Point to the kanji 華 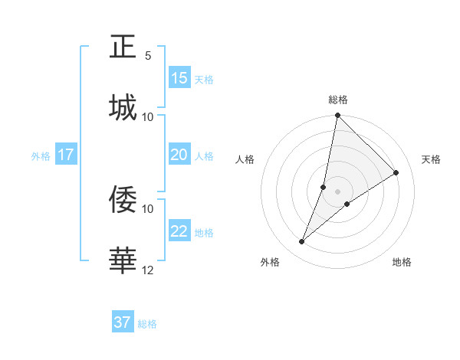point(123,260)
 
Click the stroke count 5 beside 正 point(148,55)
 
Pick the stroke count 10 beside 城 point(148,116)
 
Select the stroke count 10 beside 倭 point(148,208)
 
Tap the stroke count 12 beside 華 point(148,270)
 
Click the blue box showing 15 point(179,78)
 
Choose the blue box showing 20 point(179,155)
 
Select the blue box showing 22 point(179,231)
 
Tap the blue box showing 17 point(66,155)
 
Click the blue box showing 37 point(123,322)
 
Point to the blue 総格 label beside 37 point(147,324)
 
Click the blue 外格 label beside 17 point(41,156)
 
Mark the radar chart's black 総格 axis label point(338,100)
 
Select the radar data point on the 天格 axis point(396,172)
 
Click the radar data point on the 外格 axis point(302,242)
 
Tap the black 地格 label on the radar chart point(402,262)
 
